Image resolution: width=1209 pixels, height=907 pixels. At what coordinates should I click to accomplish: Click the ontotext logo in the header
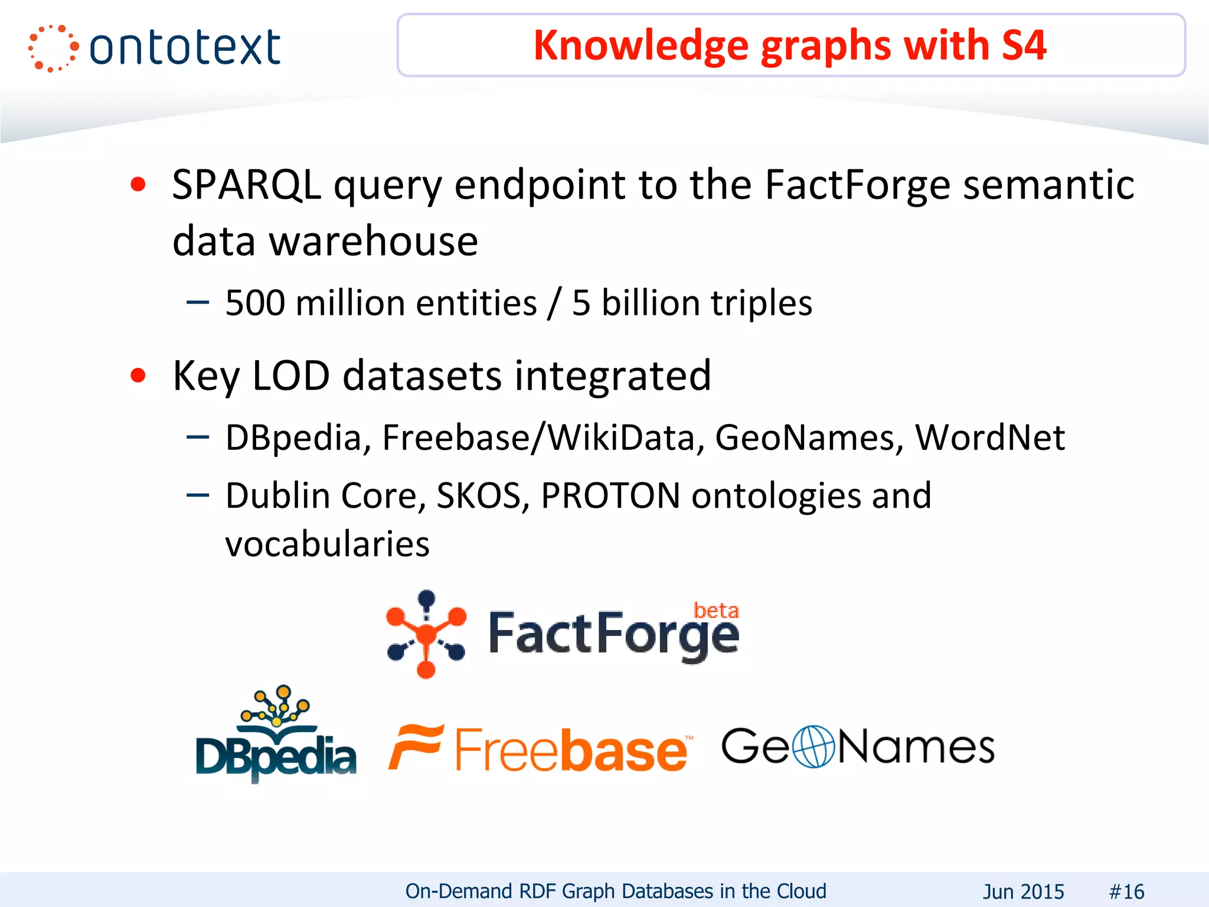(x=155, y=47)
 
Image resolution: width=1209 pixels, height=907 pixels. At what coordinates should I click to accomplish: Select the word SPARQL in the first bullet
(x=246, y=185)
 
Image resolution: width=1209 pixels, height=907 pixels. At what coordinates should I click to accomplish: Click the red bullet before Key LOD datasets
(x=138, y=376)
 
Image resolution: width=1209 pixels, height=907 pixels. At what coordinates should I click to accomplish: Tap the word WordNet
(x=989, y=438)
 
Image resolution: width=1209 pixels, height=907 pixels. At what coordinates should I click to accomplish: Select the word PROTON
(x=610, y=495)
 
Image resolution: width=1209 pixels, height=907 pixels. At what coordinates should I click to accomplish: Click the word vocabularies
(x=327, y=544)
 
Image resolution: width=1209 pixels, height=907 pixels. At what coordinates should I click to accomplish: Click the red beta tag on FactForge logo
(x=715, y=611)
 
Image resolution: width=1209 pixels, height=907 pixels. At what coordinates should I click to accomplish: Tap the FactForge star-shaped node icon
(x=426, y=634)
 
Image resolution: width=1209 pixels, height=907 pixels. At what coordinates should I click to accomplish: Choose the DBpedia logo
(x=276, y=735)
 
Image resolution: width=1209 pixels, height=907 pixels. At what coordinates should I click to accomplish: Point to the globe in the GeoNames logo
(x=813, y=746)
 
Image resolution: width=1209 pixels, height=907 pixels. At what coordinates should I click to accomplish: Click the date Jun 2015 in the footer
(x=1023, y=891)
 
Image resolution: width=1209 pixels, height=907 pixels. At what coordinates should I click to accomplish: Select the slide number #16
(x=1126, y=891)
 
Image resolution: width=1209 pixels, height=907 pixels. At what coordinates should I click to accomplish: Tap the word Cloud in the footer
(x=801, y=890)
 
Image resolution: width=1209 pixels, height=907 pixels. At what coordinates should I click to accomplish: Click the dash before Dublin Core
(x=197, y=495)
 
